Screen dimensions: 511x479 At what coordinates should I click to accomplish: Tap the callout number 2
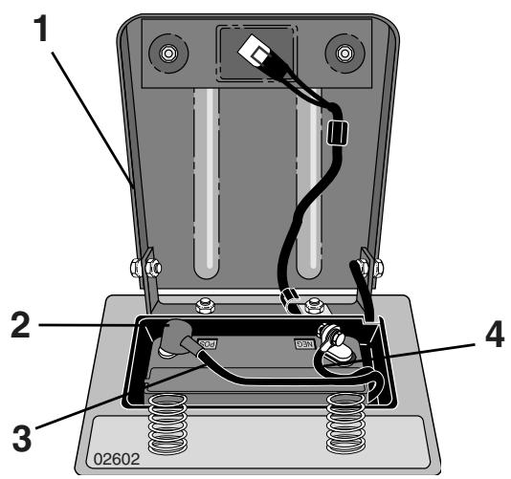(21, 325)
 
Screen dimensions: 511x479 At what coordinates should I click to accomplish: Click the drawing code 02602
(117, 459)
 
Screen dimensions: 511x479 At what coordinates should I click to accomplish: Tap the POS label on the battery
(208, 343)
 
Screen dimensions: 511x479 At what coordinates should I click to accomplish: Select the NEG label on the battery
(304, 344)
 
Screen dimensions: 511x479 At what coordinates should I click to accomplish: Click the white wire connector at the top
(255, 52)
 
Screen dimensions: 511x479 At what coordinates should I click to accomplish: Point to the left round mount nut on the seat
(168, 53)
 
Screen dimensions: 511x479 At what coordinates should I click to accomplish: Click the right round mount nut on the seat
(344, 53)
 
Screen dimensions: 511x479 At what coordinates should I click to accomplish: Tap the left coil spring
(167, 424)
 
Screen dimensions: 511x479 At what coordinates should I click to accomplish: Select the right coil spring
(346, 424)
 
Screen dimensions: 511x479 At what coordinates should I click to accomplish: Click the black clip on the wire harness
(337, 133)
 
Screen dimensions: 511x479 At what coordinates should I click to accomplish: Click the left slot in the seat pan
(207, 183)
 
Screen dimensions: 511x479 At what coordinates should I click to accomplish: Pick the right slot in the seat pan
(309, 183)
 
